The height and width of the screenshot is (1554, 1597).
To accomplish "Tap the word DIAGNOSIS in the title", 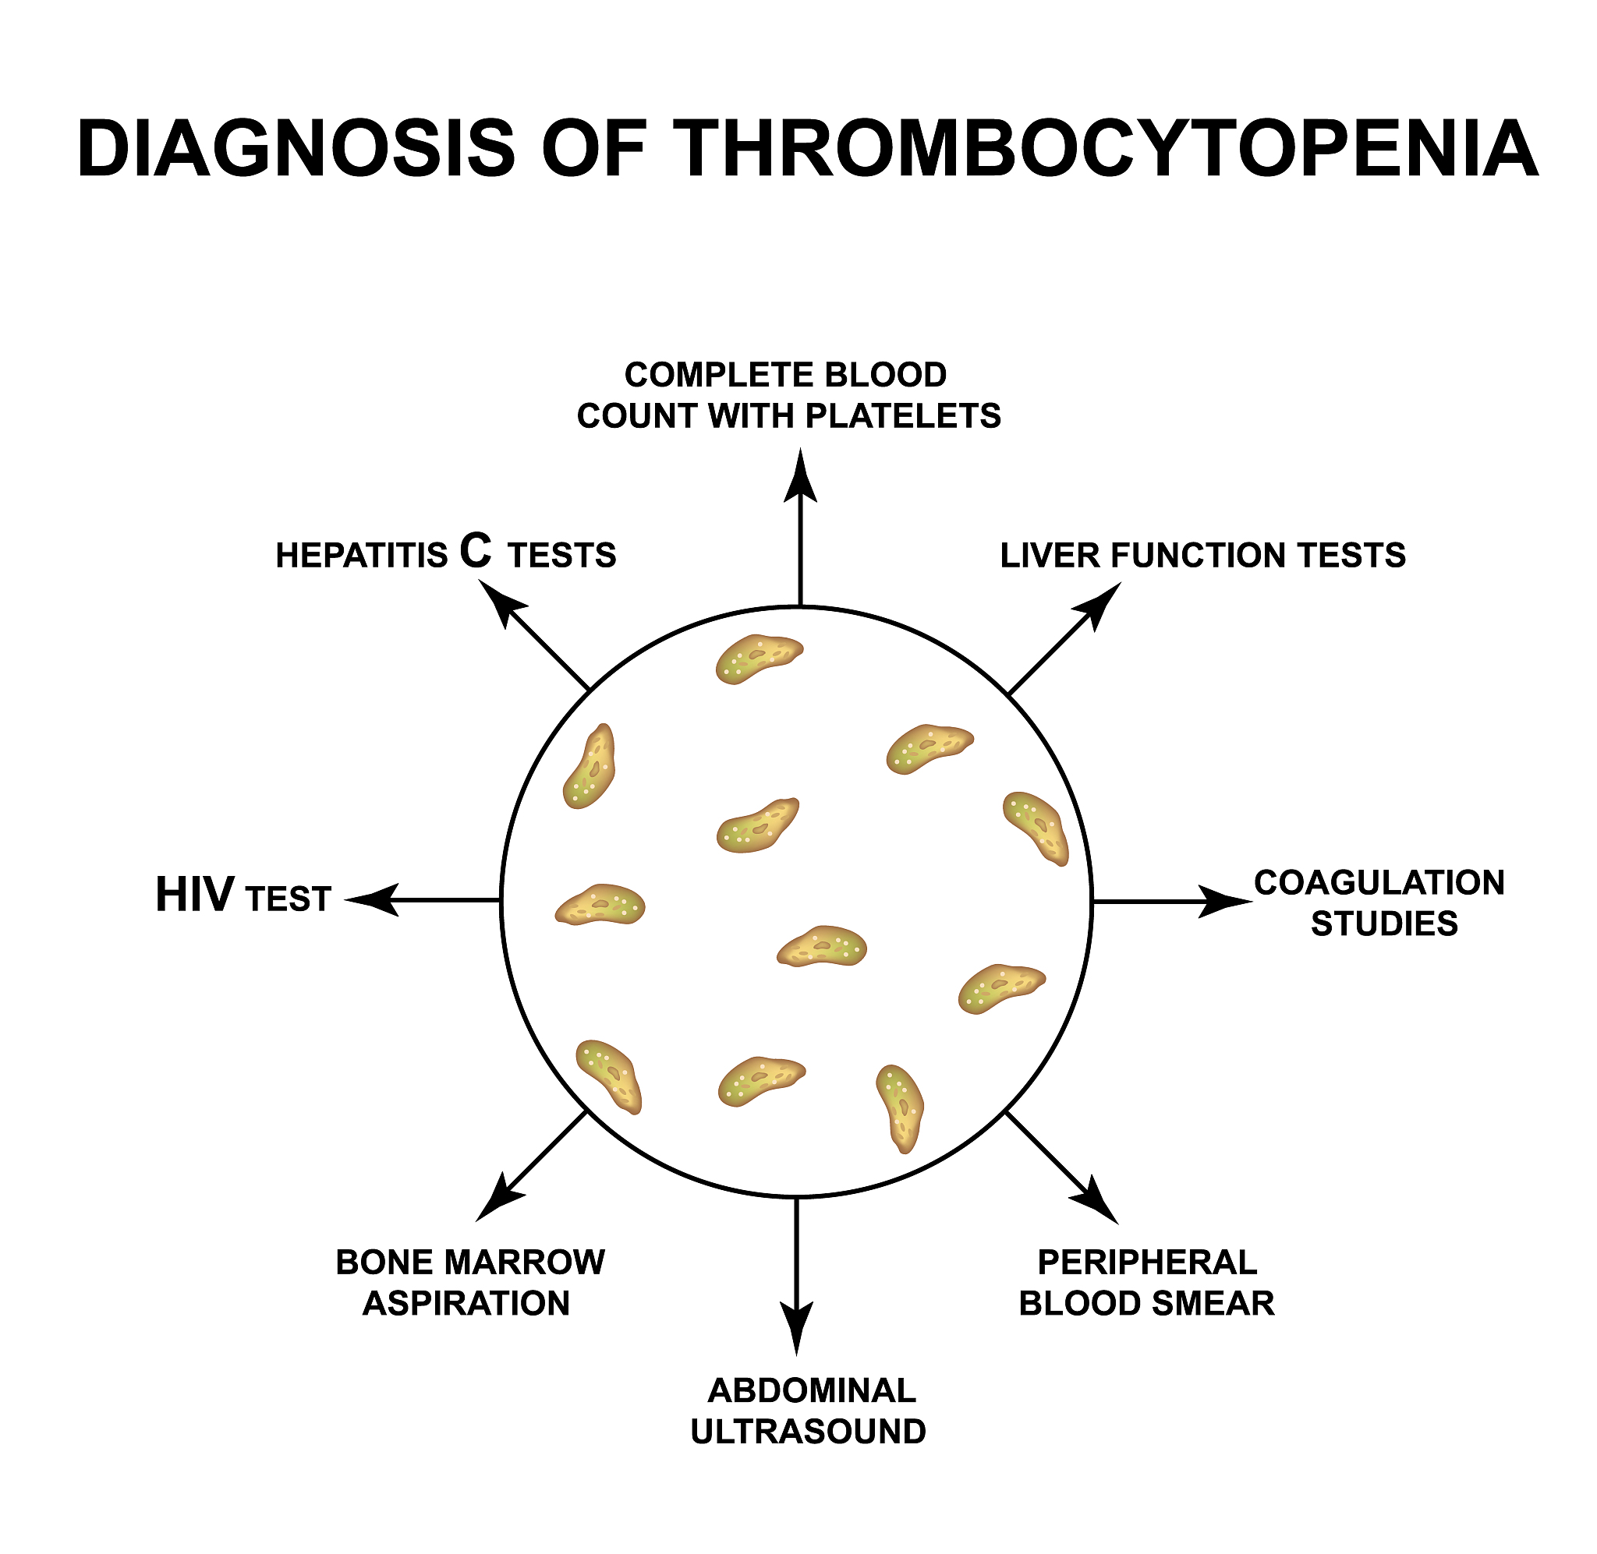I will click(x=296, y=149).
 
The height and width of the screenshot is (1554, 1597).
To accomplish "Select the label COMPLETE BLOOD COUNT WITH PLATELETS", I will click(x=788, y=395).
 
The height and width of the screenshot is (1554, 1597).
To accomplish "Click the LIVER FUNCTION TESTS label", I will click(x=1202, y=556).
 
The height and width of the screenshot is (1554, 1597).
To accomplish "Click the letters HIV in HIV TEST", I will click(x=194, y=895).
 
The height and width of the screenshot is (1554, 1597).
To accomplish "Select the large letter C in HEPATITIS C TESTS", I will click(x=475, y=551).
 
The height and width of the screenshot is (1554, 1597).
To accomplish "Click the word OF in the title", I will click(x=593, y=149).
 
